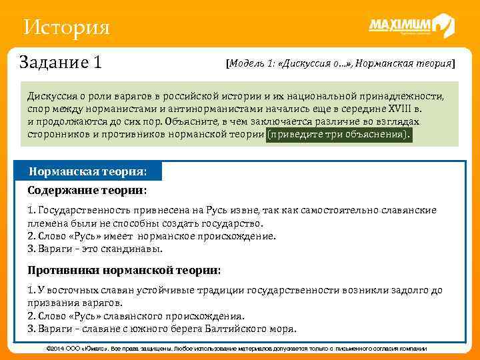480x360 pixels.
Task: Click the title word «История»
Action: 65,28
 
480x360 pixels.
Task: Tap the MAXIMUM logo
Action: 410,27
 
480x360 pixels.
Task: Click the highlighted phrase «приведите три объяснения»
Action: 339,134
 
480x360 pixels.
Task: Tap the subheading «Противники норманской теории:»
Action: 124,270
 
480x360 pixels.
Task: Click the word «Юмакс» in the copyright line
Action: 100,349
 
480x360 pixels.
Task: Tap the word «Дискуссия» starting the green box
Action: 53,96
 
